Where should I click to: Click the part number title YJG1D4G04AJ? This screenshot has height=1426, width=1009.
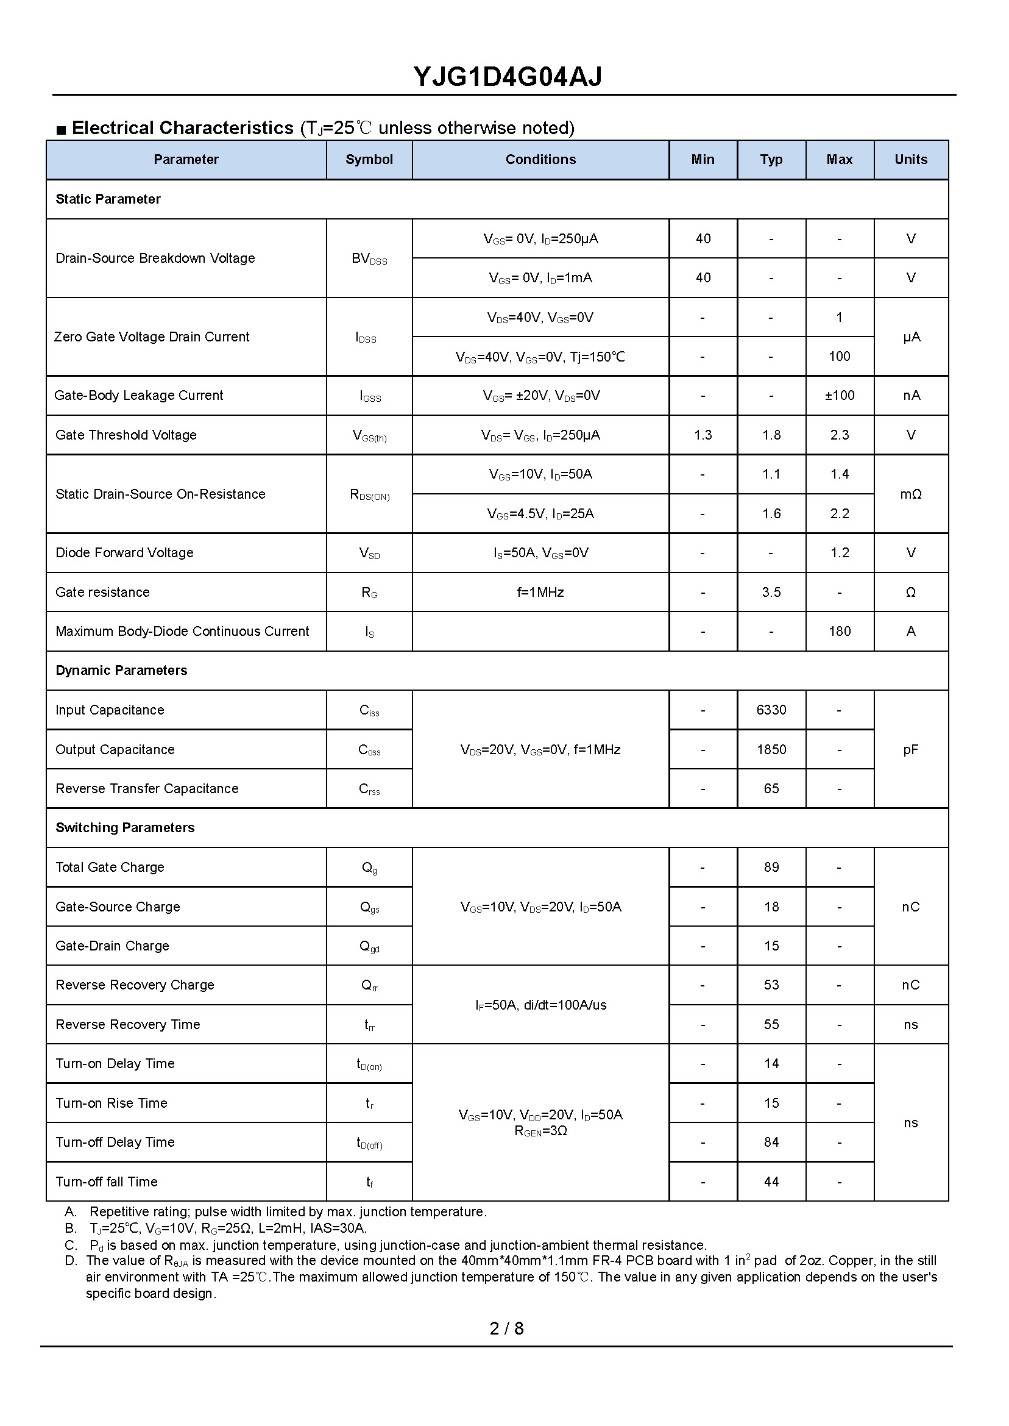click(507, 77)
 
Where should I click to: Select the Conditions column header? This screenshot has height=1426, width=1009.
click(540, 160)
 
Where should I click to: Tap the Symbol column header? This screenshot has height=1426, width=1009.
click(369, 160)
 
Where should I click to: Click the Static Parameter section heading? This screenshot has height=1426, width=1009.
click(108, 199)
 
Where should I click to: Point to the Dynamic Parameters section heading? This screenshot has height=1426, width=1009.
click(121, 670)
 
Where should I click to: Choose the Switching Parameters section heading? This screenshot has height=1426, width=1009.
click(125, 827)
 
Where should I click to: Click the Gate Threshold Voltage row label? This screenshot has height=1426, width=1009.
click(126, 435)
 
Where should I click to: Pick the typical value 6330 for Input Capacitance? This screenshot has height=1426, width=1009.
click(771, 710)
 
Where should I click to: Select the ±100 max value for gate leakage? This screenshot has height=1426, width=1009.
click(840, 395)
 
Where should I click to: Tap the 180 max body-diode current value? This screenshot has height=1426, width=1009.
click(840, 631)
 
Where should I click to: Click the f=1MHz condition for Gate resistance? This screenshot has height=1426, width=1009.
click(540, 592)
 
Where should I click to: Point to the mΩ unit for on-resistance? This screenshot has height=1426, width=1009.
click(910, 494)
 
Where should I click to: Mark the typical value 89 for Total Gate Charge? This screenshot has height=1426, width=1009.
click(771, 867)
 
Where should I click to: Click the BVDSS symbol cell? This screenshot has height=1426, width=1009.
click(369, 258)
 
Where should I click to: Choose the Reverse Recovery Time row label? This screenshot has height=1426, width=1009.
click(128, 1024)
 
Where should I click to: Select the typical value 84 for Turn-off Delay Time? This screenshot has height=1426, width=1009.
click(771, 1142)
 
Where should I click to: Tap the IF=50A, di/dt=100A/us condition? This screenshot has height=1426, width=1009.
click(540, 1005)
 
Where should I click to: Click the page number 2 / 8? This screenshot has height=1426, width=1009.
click(506, 1328)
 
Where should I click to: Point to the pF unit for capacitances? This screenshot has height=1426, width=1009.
click(910, 749)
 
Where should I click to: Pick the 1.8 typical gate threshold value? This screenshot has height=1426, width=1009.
click(771, 435)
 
